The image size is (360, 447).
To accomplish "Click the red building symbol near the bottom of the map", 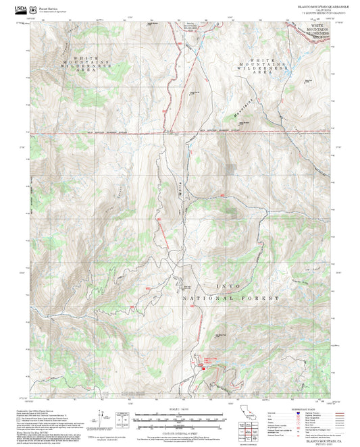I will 203,367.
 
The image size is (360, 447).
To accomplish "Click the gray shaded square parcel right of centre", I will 232,172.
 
